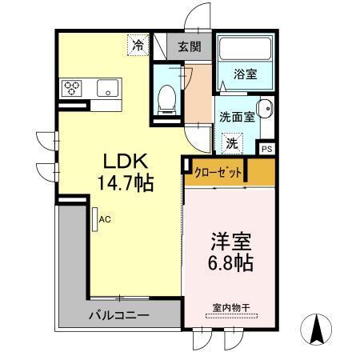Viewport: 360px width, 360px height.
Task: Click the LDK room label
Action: (x=120, y=160)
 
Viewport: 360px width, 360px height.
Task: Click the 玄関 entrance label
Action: (x=190, y=46)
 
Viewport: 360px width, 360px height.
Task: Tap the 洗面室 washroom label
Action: (x=238, y=116)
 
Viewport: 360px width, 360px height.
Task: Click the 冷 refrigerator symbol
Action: (x=139, y=46)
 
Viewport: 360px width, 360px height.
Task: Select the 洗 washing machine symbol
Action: (x=230, y=144)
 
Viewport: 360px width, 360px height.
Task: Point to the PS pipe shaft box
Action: (x=267, y=148)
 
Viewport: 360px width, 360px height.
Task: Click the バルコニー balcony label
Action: (x=118, y=315)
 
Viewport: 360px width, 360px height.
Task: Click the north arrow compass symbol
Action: (x=317, y=328)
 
